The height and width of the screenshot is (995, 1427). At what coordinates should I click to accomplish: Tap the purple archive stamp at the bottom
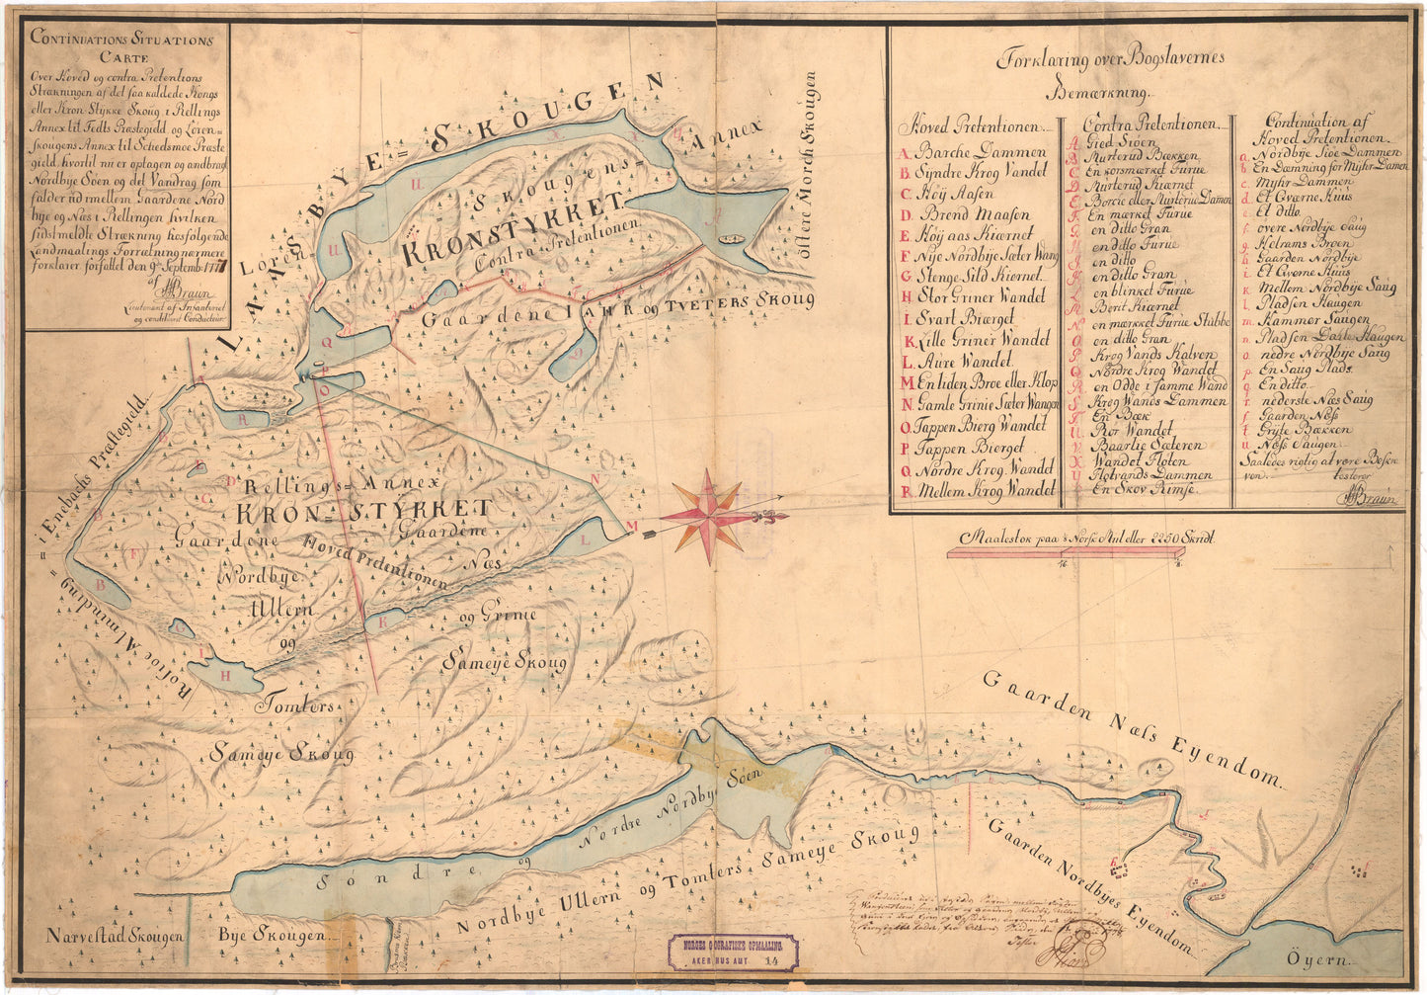click(x=733, y=953)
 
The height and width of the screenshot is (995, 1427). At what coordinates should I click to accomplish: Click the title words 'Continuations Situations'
click(x=121, y=41)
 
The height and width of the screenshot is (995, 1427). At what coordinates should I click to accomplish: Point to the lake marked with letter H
click(x=226, y=675)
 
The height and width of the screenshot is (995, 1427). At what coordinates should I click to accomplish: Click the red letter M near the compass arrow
click(x=632, y=524)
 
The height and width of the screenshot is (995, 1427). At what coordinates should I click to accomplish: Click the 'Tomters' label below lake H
click(x=295, y=706)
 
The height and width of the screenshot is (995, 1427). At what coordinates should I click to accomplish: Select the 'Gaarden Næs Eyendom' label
click(x=1131, y=730)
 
